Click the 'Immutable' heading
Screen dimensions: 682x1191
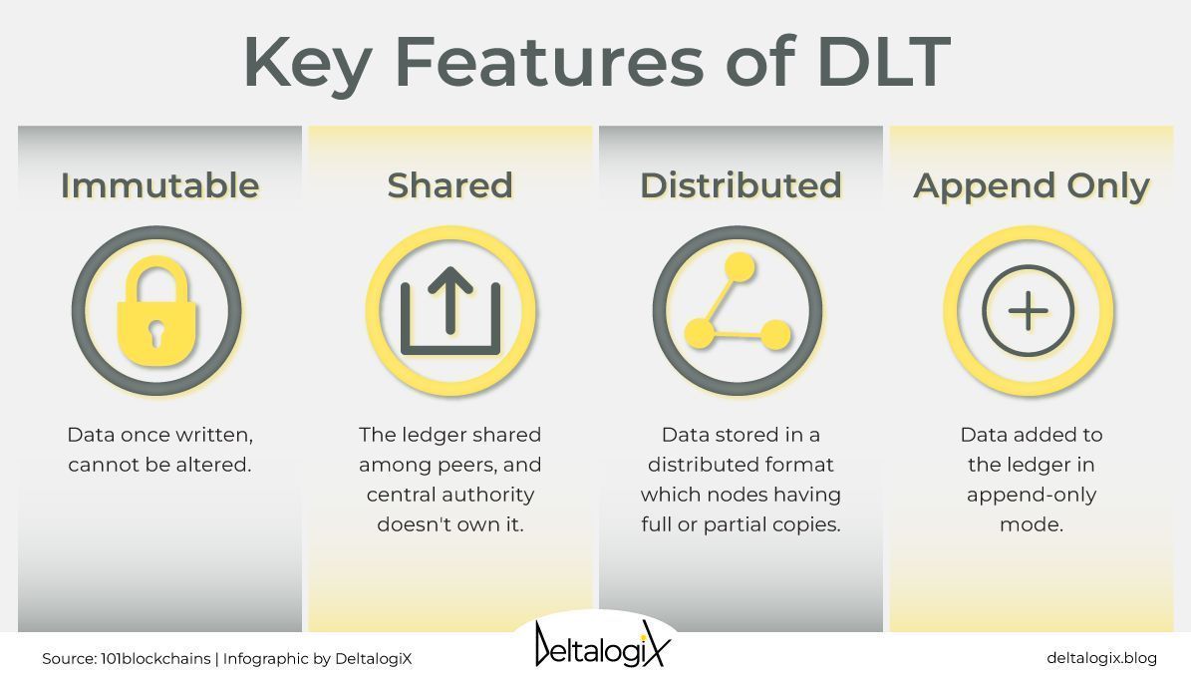click(159, 185)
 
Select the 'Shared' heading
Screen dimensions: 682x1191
click(449, 185)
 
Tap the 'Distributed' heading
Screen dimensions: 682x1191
click(741, 185)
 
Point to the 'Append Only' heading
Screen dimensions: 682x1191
click(1032, 185)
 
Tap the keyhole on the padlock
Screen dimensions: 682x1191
click(156, 333)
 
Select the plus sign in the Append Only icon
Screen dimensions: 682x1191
click(1029, 311)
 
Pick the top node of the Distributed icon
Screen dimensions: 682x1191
click(740, 268)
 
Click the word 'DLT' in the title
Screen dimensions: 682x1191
click(882, 62)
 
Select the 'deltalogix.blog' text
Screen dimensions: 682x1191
click(1101, 658)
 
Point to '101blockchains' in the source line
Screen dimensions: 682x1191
click(155, 659)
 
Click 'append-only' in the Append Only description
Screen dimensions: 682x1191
click(1032, 495)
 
